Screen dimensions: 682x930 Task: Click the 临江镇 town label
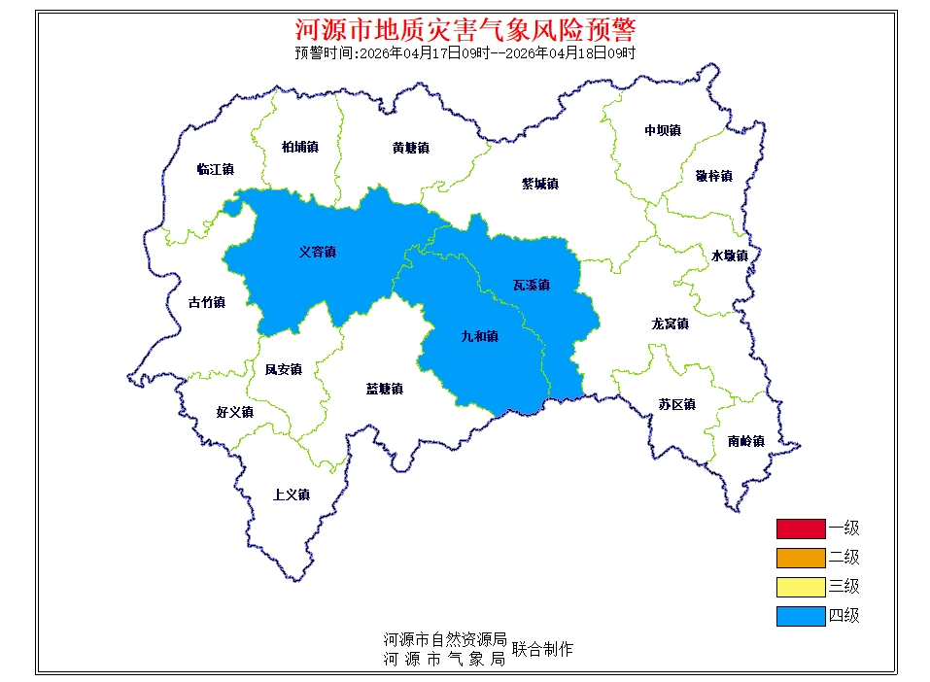click(x=215, y=169)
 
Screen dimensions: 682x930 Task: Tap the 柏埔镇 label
click(x=299, y=147)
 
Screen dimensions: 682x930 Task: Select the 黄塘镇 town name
click(x=410, y=148)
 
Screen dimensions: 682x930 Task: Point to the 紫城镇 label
click(x=539, y=183)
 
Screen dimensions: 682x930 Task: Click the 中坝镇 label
click(x=662, y=130)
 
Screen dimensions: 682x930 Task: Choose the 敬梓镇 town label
click(x=713, y=176)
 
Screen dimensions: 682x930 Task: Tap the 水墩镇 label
click(x=729, y=256)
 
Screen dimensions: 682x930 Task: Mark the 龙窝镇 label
click(x=670, y=324)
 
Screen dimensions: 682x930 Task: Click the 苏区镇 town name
click(x=676, y=404)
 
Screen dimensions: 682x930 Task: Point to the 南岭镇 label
click(x=745, y=441)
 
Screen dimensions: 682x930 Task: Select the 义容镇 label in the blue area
click(x=317, y=252)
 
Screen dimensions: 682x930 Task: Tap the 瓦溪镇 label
click(x=531, y=285)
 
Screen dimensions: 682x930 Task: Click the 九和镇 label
click(x=479, y=336)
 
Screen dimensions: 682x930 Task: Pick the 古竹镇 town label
click(x=206, y=302)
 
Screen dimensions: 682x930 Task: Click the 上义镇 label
click(x=291, y=494)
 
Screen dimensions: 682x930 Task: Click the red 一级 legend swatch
click(x=800, y=529)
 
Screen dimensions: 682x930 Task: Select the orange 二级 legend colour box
click(x=800, y=558)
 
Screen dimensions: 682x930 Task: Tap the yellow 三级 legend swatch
click(x=800, y=587)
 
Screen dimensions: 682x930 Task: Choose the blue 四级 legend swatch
click(x=800, y=616)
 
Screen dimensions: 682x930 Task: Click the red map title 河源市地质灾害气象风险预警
click(x=465, y=29)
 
